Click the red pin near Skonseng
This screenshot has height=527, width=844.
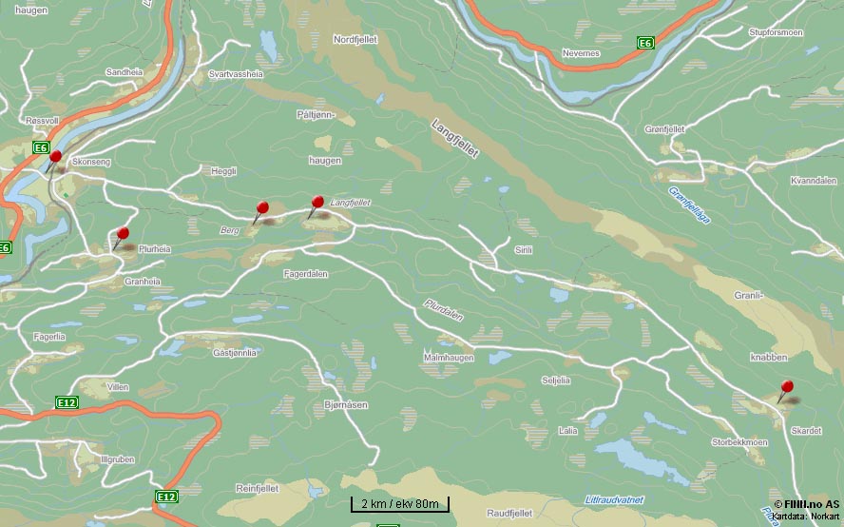click(x=55, y=157)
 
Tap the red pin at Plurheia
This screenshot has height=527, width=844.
click(x=123, y=234)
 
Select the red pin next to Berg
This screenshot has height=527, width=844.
click(x=263, y=208)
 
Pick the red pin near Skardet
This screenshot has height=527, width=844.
click(x=787, y=387)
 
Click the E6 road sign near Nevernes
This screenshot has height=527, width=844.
click(x=645, y=43)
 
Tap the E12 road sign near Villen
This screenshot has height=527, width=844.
click(x=67, y=403)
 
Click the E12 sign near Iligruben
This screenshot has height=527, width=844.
click(x=166, y=497)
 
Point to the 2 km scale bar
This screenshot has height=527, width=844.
click(x=399, y=504)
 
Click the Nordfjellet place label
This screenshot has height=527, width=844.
click(x=356, y=40)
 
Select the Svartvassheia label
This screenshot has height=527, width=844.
click(x=236, y=72)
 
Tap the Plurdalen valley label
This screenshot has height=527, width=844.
click(x=444, y=310)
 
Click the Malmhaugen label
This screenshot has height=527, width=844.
click(x=449, y=357)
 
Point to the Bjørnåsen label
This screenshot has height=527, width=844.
click(x=345, y=404)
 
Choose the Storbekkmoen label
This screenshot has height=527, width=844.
click(x=739, y=442)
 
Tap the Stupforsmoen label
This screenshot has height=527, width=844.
click(x=777, y=32)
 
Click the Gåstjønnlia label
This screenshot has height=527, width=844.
click(x=235, y=353)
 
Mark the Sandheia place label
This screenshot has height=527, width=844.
click(x=124, y=72)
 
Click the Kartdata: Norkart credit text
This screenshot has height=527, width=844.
click(x=806, y=516)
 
